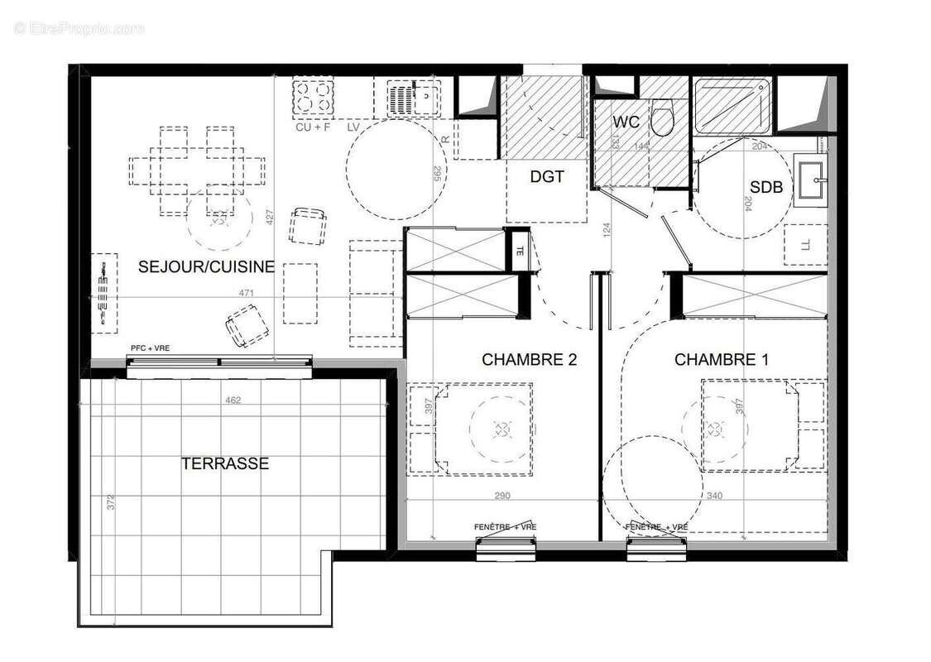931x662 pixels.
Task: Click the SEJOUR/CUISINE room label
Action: [206, 266]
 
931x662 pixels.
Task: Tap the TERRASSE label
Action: [225, 463]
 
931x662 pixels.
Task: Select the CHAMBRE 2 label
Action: [529, 359]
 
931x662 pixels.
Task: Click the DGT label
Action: [547, 176]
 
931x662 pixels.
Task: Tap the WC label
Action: [626, 122]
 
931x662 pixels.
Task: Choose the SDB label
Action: [765, 188]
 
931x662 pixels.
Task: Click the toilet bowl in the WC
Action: [662, 120]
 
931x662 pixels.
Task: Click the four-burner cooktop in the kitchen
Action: [313, 98]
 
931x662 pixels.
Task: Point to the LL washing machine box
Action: [805, 244]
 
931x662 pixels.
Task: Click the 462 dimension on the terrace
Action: [233, 401]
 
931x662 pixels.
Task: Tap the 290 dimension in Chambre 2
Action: [502, 496]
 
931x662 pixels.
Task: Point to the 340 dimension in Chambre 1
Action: [713, 496]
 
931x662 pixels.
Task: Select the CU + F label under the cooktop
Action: [313, 128]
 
